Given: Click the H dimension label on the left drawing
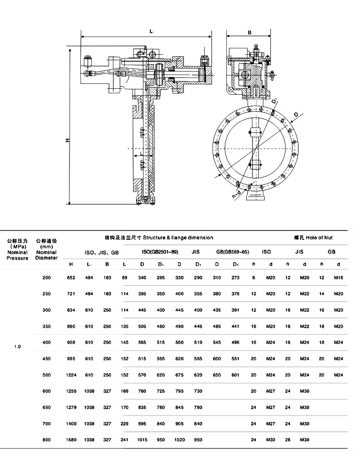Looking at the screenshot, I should tap(67, 140).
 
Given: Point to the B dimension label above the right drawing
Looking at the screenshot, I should tap(250, 32).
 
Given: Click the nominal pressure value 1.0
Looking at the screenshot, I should tap(17, 346).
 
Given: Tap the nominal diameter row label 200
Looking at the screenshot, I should tap(47, 278).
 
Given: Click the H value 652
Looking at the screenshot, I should tap(71, 278).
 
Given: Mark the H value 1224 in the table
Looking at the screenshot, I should tap(71, 375).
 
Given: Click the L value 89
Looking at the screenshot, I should tap(124, 278).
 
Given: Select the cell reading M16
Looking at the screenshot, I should tap(338, 278).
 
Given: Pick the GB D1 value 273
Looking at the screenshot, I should tap(235, 278).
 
